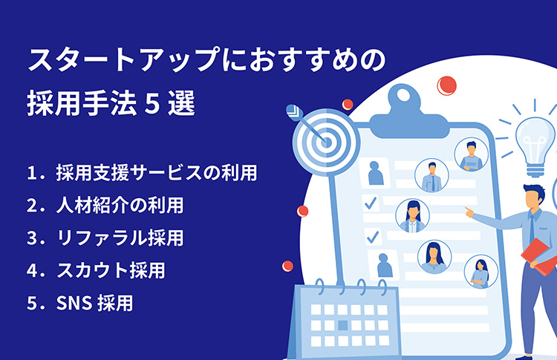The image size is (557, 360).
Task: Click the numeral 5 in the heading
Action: (x=152, y=103)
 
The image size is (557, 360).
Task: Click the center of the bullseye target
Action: (x=326, y=143)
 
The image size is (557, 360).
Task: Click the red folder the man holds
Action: (x=539, y=256)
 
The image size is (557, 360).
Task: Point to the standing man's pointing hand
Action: (x=469, y=212)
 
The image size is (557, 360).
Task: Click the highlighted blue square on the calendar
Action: (x=343, y=325)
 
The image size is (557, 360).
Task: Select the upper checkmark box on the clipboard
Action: (x=371, y=203)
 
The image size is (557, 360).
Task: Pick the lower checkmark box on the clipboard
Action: (x=373, y=237)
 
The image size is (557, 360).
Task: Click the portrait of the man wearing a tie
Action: (x=431, y=175)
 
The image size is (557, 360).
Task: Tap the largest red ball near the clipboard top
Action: (x=446, y=85)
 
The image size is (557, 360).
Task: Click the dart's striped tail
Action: (x=295, y=112)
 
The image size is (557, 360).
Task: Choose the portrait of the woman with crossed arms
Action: (x=481, y=272)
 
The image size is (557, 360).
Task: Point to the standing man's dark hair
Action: (x=534, y=191)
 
